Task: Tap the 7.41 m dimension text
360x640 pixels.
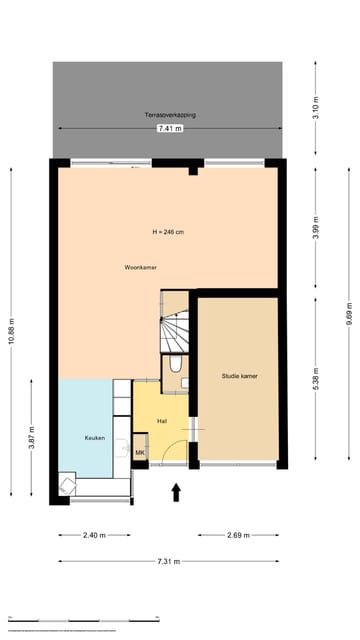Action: pos(170,129)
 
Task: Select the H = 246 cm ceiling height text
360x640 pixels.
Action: pos(167,232)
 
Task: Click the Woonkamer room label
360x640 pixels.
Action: pos(140,268)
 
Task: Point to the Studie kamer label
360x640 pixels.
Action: pos(240,376)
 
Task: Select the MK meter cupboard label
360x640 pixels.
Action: pos(140,453)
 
